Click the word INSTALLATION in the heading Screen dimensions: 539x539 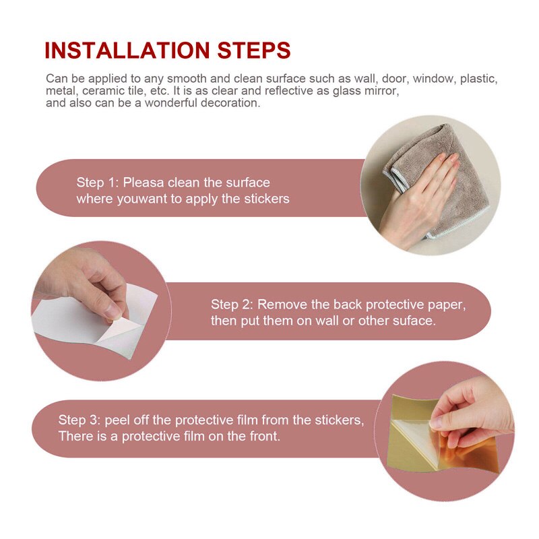click(127, 51)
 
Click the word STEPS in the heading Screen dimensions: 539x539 click(254, 51)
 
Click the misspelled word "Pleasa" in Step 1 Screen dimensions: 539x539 click(144, 183)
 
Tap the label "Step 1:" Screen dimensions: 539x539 click(97, 183)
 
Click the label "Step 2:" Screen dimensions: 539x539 click(232, 305)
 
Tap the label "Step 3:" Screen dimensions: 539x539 click(79, 420)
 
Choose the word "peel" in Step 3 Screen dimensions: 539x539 click(117, 420)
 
